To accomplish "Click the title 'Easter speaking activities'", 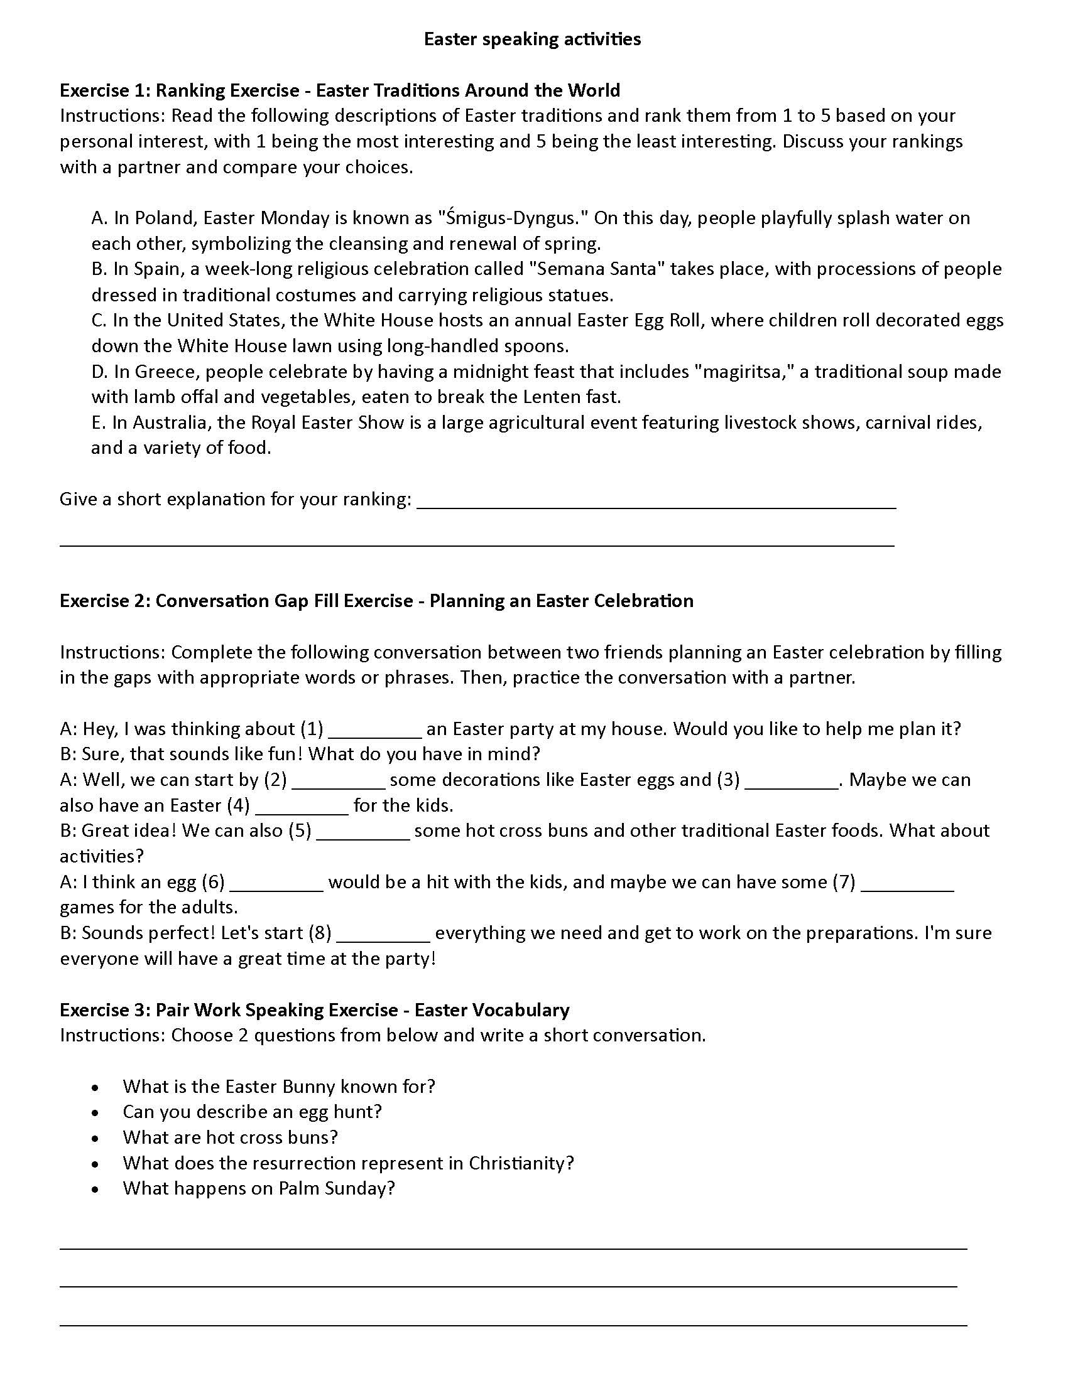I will click(x=532, y=39).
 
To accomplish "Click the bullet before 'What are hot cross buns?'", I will click(x=95, y=1139).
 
